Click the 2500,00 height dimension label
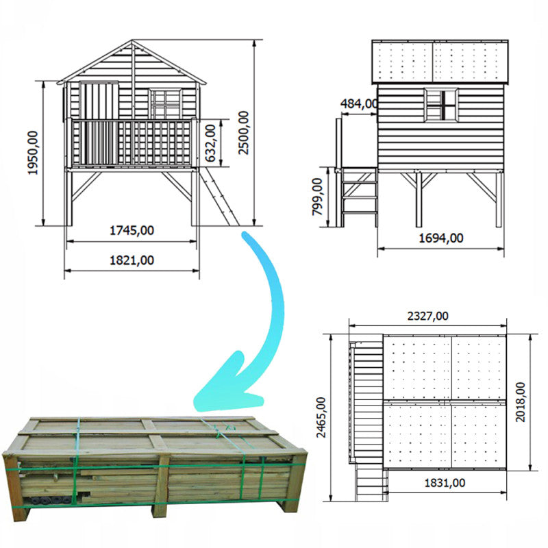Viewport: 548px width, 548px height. (x=243, y=132)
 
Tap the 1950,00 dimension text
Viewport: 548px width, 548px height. (x=33, y=153)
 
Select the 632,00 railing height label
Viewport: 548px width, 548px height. (x=210, y=143)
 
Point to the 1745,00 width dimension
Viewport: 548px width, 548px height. (x=132, y=231)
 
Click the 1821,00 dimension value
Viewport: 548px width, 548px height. (x=132, y=260)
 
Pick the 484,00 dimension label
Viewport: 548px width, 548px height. (x=359, y=103)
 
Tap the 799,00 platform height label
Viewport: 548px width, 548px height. (x=317, y=197)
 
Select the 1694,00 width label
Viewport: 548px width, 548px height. (x=441, y=238)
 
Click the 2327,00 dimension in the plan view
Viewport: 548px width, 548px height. (x=427, y=316)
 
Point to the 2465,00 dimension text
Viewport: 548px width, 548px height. (x=321, y=417)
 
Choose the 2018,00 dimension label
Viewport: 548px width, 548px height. (x=521, y=402)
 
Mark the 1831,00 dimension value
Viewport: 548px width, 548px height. (x=445, y=483)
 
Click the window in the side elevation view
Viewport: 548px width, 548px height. (x=441, y=105)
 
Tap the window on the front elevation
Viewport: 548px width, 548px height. (x=166, y=103)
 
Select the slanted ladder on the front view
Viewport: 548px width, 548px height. (x=219, y=197)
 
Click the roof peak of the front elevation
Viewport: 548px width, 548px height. (x=132, y=40)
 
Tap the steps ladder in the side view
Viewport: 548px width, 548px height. (x=359, y=197)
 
